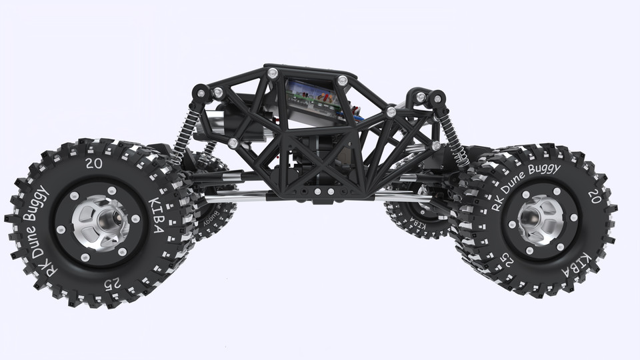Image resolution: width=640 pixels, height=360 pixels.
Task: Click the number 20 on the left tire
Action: pos(94,163)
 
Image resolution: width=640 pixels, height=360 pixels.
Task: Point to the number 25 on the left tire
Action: pos(112,283)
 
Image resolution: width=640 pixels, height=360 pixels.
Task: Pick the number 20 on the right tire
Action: pos(593,195)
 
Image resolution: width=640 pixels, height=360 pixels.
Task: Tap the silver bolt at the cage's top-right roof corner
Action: pos(342,80)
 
